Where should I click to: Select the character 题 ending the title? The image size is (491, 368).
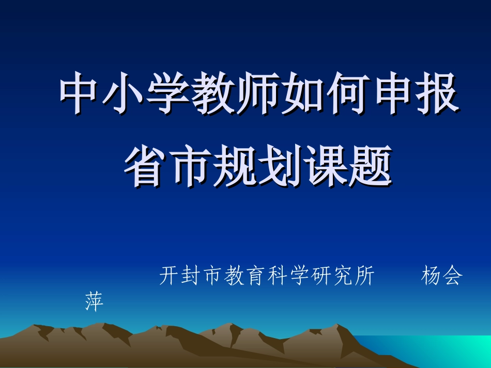point(369,167)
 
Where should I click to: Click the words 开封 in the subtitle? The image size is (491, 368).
point(180,276)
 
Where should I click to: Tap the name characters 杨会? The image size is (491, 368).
point(442,276)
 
